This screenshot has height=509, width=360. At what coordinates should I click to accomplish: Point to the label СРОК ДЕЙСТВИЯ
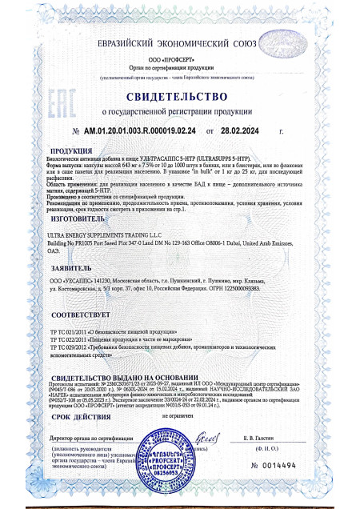tap(81, 417)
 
